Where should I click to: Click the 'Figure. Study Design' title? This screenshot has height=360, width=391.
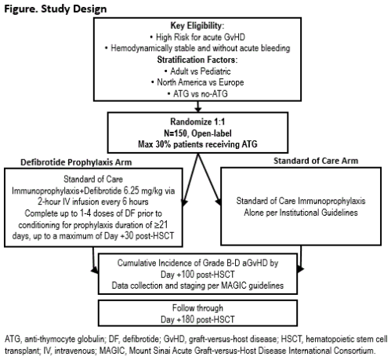coord(56,9)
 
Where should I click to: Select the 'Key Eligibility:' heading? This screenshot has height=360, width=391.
coord(197,26)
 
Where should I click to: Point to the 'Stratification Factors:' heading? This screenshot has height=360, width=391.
coord(197,60)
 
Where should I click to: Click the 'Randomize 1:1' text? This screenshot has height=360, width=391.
coord(197,122)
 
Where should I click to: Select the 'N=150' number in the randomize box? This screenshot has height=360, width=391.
coord(176,133)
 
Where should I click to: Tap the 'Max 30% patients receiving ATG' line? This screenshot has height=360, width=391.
coord(197,144)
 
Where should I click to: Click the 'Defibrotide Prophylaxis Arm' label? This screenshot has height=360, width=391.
coord(76,162)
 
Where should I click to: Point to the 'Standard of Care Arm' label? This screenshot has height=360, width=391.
coord(316,161)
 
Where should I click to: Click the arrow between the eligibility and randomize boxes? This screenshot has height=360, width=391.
coord(197,107)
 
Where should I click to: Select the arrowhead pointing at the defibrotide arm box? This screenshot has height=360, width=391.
coord(184,203)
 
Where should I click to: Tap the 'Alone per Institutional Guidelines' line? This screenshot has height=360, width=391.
coord(301,213)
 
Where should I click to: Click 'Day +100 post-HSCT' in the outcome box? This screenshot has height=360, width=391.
coord(197,275)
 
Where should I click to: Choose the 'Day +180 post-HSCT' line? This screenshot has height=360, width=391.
coord(197,319)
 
